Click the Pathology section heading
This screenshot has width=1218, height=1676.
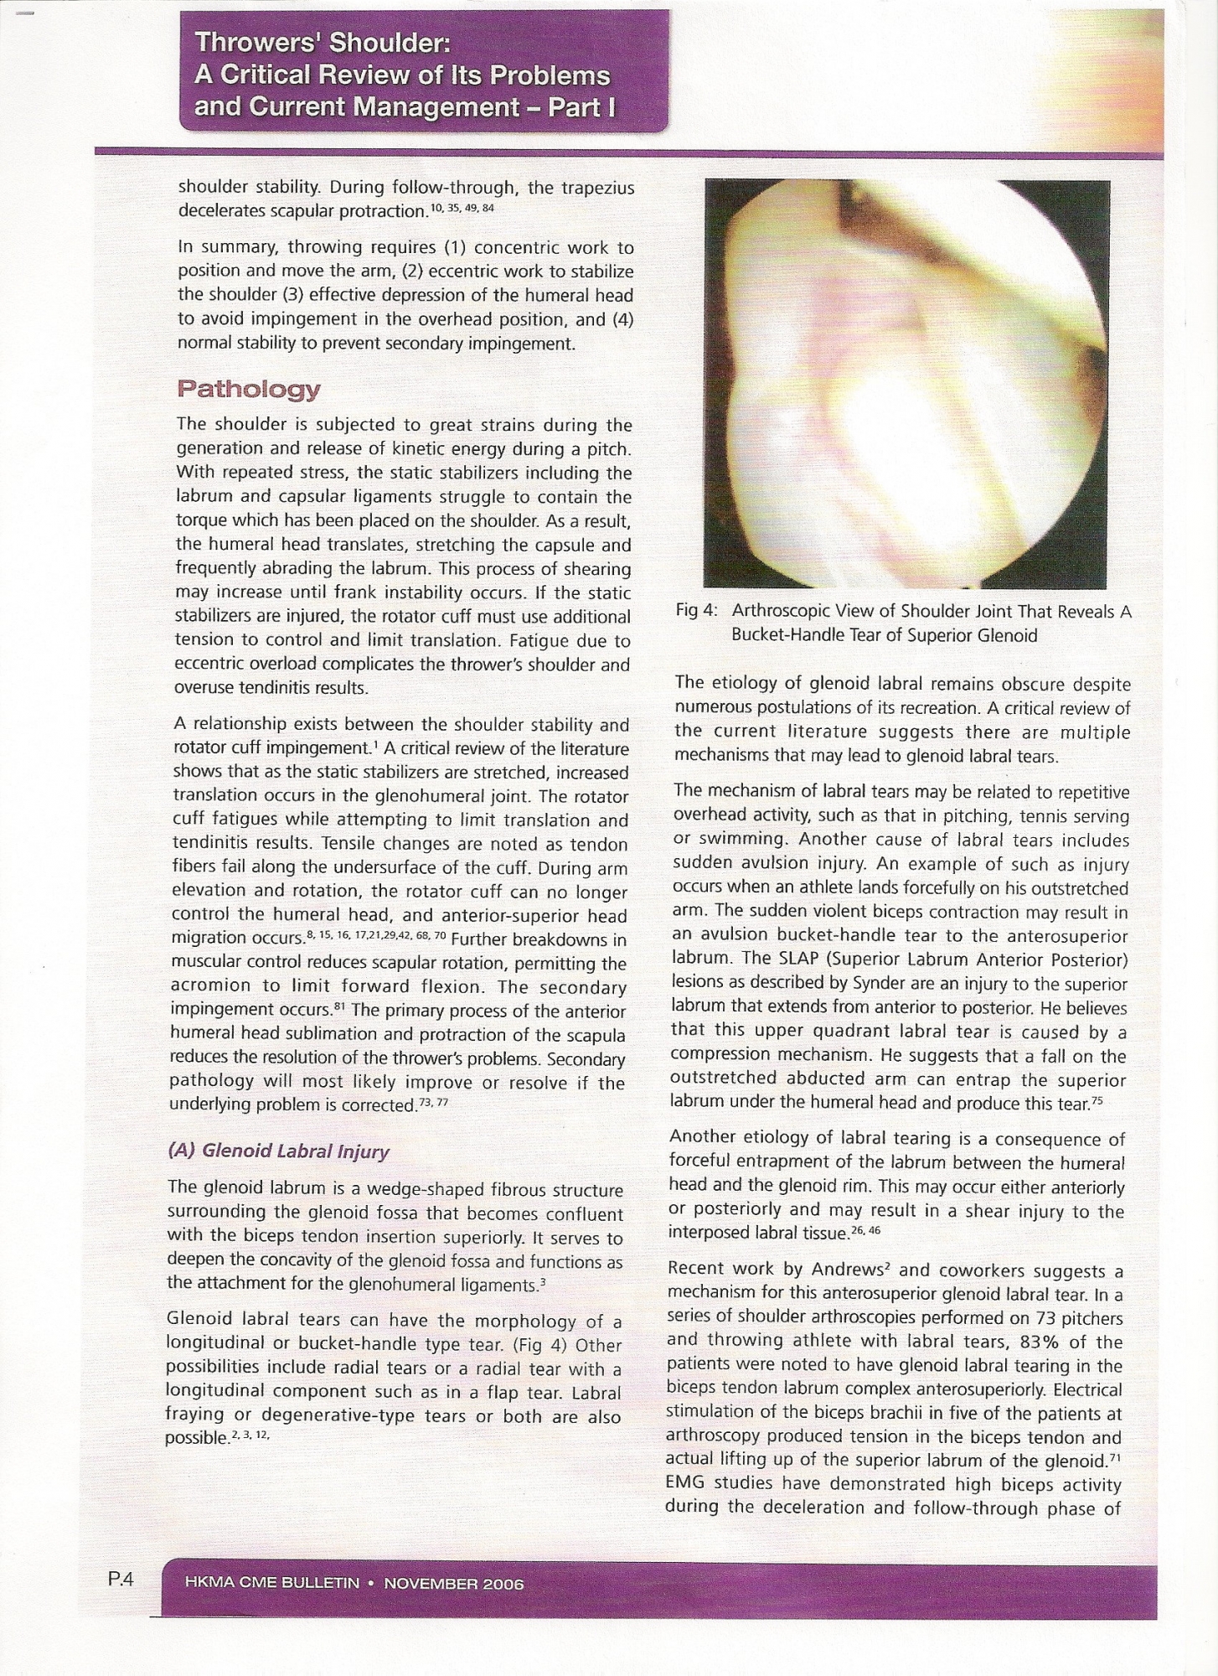[248, 390]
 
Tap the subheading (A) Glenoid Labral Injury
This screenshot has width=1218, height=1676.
[279, 1151]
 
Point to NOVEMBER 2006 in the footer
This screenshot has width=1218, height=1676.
[454, 1584]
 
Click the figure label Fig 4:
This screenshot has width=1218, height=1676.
[697, 611]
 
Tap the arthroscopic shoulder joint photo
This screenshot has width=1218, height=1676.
[906, 384]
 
